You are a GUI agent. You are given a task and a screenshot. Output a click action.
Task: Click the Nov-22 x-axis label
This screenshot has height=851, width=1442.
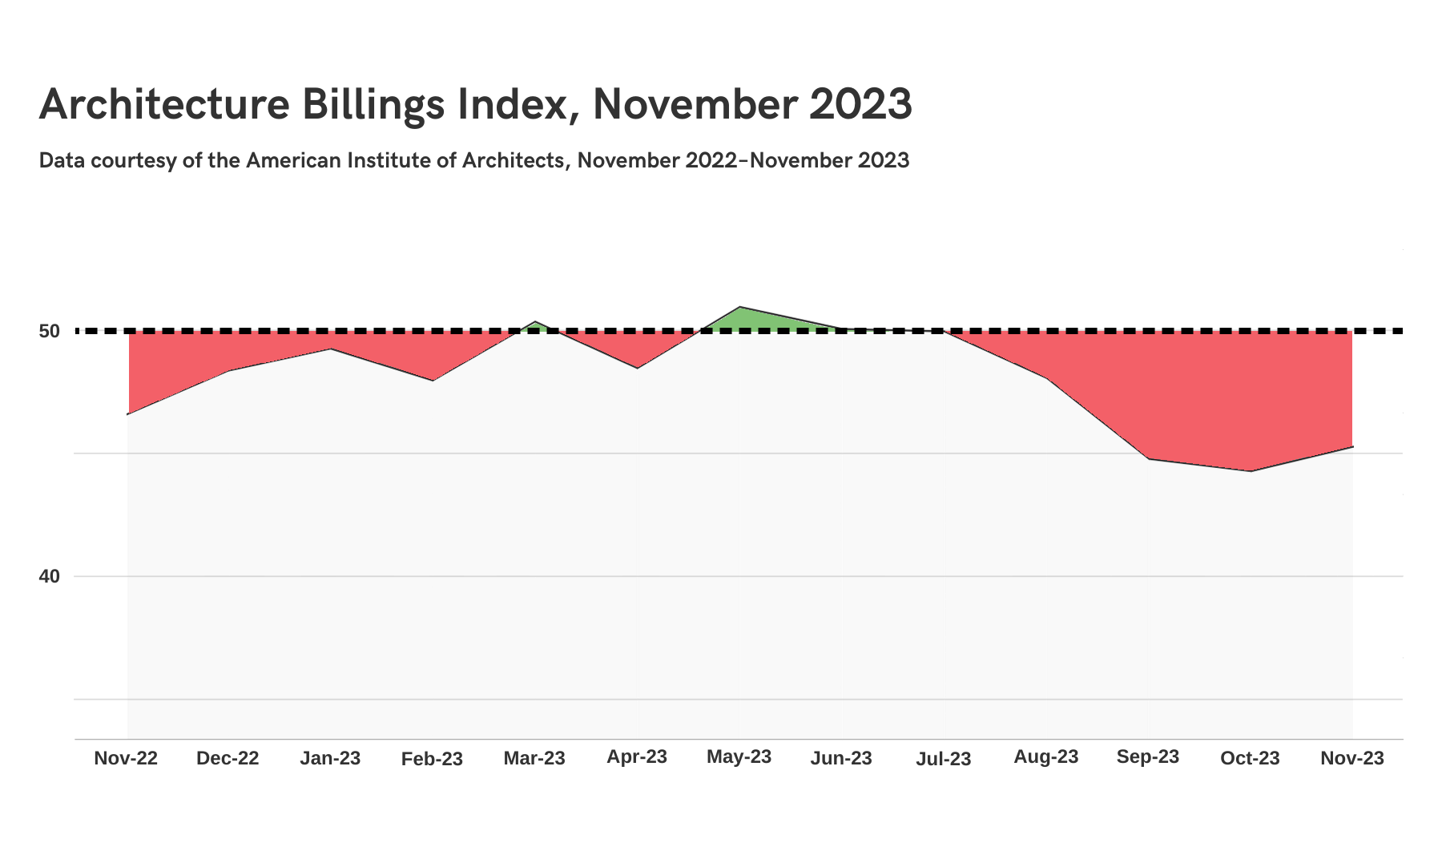tap(126, 758)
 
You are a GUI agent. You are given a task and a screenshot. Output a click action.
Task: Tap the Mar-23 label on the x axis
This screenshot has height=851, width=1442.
tap(534, 758)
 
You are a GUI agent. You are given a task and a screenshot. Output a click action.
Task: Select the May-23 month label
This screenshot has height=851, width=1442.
tap(739, 756)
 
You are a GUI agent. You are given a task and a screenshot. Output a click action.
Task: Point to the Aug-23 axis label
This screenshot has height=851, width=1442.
tap(1045, 756)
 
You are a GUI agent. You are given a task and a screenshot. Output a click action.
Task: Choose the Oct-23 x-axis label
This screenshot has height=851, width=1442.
tap(1250, 758)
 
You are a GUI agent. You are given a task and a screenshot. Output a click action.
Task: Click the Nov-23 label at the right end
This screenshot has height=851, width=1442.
tap(1352, 758)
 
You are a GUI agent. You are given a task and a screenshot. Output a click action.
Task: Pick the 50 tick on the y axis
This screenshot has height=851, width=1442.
tap(49, 331)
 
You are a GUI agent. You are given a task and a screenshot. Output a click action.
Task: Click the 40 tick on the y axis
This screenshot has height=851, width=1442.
tap(49, 576)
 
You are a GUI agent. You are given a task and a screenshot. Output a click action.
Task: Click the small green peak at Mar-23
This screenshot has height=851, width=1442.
tap(535, 322)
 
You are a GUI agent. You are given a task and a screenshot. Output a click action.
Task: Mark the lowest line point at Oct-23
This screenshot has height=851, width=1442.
tap(1251, 471)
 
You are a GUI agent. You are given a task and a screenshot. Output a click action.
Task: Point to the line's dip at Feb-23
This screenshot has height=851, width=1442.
tap(433, 381)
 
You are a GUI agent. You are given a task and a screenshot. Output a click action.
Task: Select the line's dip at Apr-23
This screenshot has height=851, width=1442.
tap(637, 368)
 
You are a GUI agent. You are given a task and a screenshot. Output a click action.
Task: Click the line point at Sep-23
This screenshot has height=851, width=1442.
tap(1148, 458)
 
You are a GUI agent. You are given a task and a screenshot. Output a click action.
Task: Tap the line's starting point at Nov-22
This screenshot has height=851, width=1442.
tap(128, 413)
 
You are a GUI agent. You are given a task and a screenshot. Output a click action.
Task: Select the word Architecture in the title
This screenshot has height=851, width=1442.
tap(163, 105)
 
